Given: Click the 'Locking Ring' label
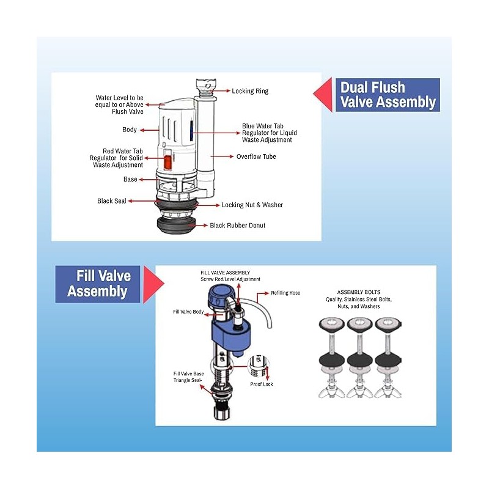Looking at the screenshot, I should (250, 91).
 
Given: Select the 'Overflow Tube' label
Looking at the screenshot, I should (256, 156).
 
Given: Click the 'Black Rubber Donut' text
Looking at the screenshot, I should (237, 226).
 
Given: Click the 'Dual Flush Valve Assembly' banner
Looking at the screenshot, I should (387, 95).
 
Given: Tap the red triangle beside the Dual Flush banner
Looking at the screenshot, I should (323, 95).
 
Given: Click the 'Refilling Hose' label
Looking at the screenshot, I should (285, 293).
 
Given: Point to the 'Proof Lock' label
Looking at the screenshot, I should (262, 384).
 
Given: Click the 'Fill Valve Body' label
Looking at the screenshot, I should (189, 312).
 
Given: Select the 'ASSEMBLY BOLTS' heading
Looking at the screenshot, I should (358, 292).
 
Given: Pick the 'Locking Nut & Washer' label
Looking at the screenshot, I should (252, 205).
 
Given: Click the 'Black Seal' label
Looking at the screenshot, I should (111, 201).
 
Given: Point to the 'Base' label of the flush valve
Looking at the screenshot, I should (130, 180).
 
